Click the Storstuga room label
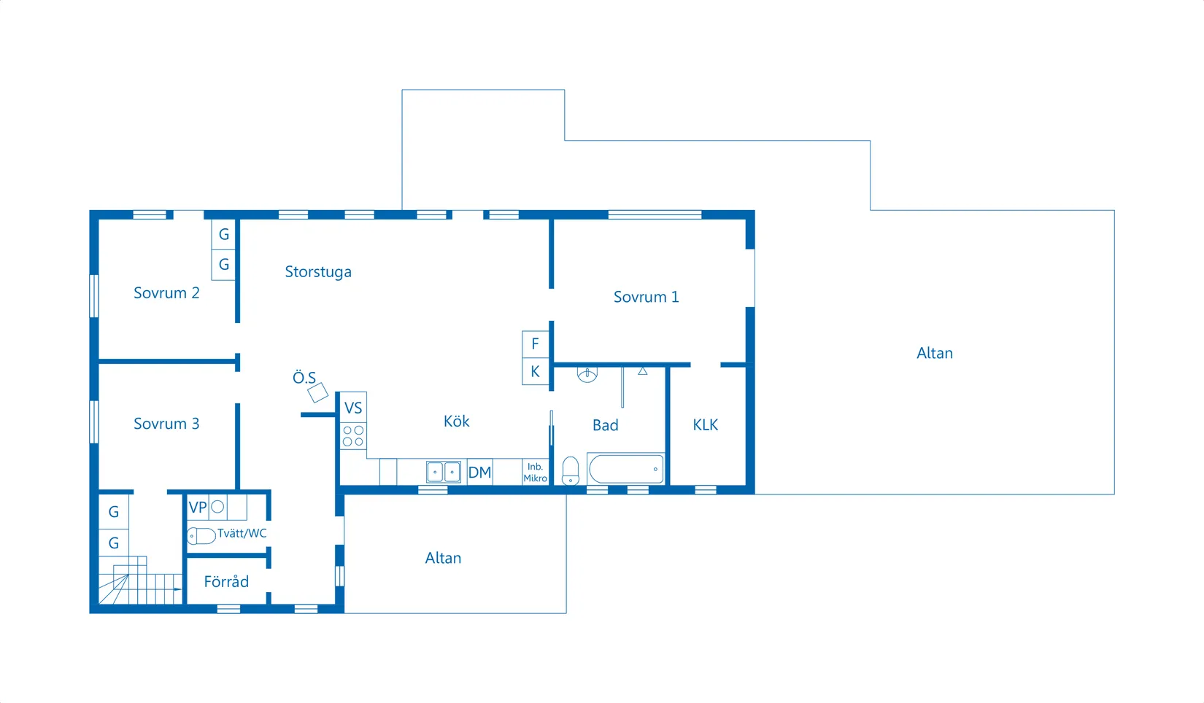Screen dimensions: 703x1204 [x=318, y=272]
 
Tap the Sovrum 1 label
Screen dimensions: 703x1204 [x=646, y=297]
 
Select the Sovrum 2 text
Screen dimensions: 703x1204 [x=166, y=293]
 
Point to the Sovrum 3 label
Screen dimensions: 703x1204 [x=166, y=424]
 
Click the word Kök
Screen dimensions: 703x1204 [x=457, y=422]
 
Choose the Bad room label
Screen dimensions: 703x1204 [x=606, y=425]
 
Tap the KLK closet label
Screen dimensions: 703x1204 [x=706, y=425]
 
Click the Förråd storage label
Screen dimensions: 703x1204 [x=226, y=582]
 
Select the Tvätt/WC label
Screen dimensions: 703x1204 [x=242, y=533]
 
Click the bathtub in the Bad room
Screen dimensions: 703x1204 [x=626, y=469]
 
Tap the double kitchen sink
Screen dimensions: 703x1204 [x=444, y=472]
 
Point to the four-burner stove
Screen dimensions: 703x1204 [x=353, y=436]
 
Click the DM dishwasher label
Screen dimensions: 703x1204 [x=479, y=473]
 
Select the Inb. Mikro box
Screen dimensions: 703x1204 [x=535, y=472]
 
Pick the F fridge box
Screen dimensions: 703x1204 [x=535, y=343]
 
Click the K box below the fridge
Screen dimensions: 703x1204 [x=535, y=371]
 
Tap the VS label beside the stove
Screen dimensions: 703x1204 [x=353, y=408]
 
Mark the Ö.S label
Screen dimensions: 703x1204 [x=304, y=378]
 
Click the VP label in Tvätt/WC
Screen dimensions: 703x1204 [x=198, y=508]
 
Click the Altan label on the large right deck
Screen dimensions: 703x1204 [x=935, y=353]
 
